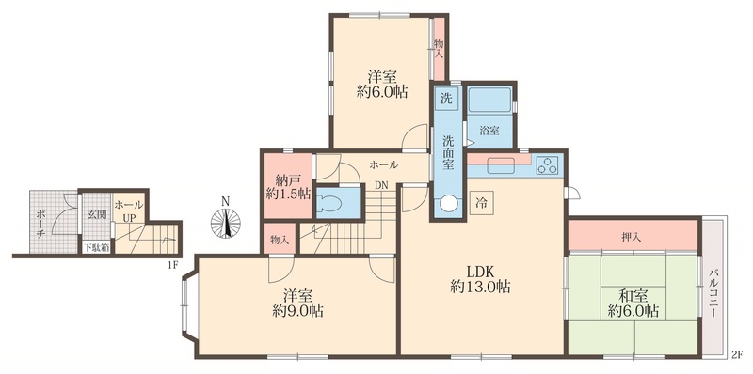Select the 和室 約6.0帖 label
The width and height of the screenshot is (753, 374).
[x=633, y=302]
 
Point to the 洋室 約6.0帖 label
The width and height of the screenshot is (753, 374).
[x=381, y=83]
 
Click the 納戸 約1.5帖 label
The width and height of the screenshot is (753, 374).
[x=285, y=186]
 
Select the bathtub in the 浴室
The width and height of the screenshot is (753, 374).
[x=489, y=100]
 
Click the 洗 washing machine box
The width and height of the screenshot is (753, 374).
[x=447, y=99]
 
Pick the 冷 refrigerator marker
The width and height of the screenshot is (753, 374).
[x=481, y=201]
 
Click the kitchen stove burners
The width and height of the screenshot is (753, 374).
[x=547, y=165]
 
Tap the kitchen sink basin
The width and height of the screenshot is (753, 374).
[x=502, y=165]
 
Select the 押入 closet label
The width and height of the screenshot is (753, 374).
[x=633, y=235]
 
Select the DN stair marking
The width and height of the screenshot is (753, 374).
[x=381, y=186]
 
